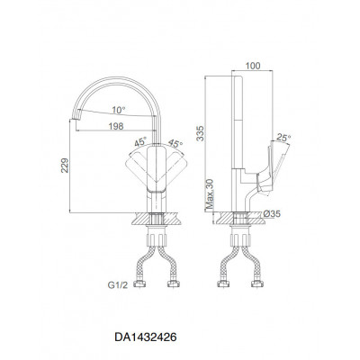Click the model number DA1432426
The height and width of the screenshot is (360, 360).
click(x=146, y=337)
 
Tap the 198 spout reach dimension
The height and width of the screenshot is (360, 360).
click(x=116, y=126)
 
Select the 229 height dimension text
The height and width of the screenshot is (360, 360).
click(x=65, y=166)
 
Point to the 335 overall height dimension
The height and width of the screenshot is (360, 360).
click(x=200, y=133)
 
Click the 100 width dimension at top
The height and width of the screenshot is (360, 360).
click(x=253, y=66)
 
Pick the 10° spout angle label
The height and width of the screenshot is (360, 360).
click(x=119, y=110)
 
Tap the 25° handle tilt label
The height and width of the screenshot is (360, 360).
click(x=283, y=138)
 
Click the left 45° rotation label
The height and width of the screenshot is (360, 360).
click(x=140, y=141)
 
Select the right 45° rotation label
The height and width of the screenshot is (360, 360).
click(x=175, y=143)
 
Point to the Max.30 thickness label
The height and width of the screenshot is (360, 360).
click(x=210, y=193)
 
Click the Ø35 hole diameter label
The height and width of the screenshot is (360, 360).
click(x=272, y=213)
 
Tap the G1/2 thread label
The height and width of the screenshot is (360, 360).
click(x=118, y=285)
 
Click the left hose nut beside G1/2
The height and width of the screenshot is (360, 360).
click(x=139, y=283)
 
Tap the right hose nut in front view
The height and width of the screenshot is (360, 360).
click(x=173, y=283)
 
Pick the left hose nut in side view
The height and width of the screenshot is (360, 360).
click(x=222, y=283)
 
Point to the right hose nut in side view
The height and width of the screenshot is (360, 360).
click(x=256, y=283)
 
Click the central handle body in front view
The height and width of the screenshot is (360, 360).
click(x=157, y=168)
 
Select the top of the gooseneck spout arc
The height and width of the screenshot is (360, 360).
click(x=115, y=78)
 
